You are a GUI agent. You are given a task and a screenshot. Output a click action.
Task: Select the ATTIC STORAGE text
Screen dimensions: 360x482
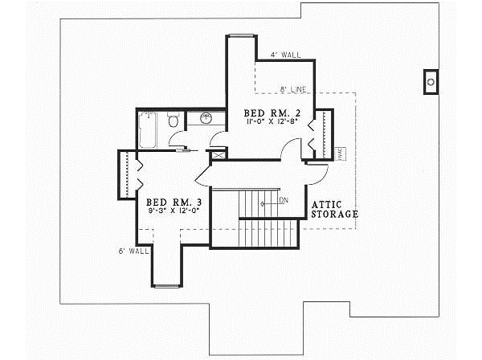click(x=334, y=210)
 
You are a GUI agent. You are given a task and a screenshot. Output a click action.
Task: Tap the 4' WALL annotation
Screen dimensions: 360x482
click(x=285, y=55)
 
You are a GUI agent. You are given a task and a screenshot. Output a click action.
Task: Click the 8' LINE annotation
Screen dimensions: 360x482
click(x=295, y=88)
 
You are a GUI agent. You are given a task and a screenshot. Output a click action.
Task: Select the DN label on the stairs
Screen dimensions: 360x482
click(x=283, y=200)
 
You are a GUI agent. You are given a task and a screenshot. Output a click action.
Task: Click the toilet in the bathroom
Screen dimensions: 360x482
click(x=173, y=121)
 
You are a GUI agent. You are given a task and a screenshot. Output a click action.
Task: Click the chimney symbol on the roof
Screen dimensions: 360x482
click(x=431, y=80)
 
